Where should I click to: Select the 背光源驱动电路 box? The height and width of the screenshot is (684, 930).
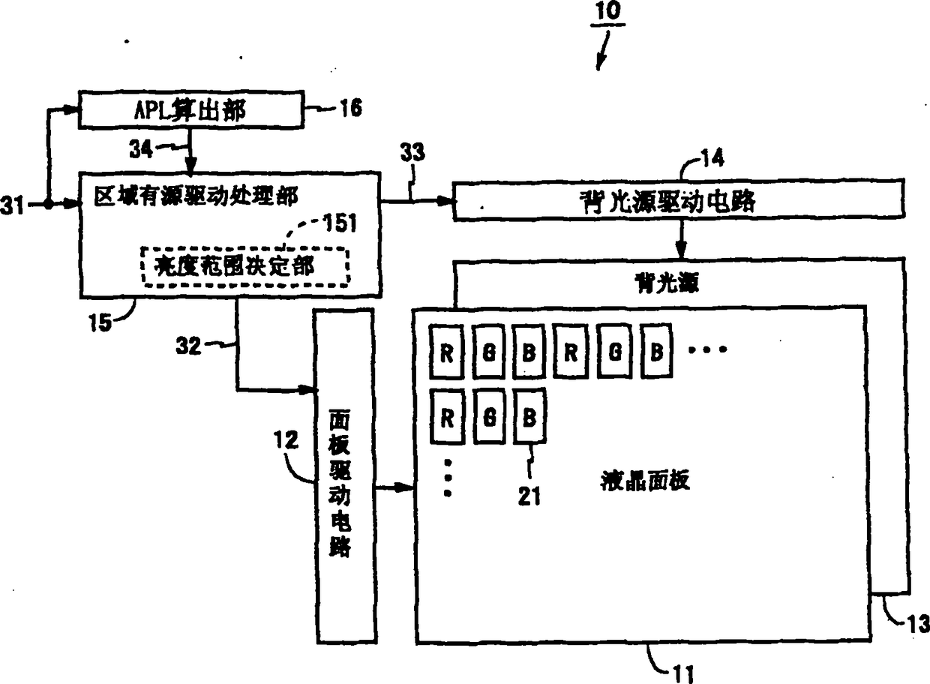point(678,199)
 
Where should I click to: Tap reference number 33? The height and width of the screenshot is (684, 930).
point(412,153)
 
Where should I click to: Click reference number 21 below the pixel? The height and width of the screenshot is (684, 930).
point(529,496)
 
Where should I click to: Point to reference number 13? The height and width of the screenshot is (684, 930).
point(919,624)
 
